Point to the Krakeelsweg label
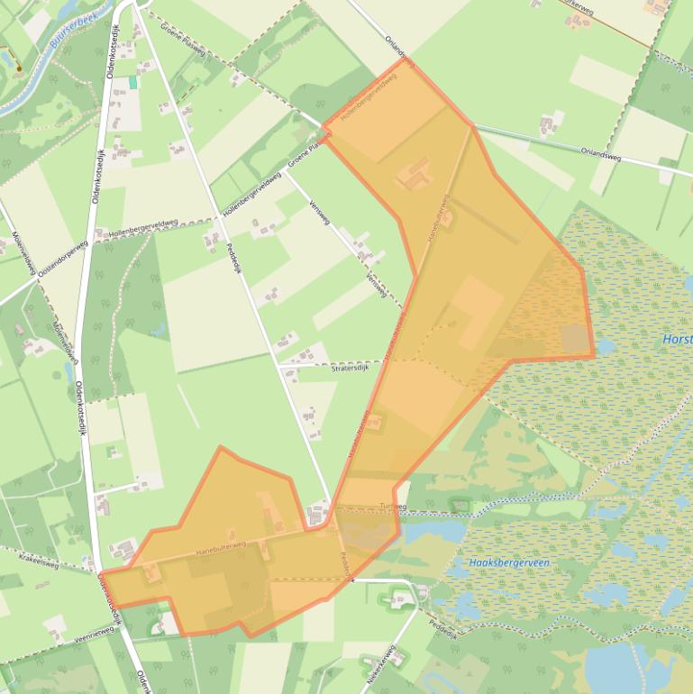point(38,564)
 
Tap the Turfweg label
point(393,507)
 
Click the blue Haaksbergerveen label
point(509,563)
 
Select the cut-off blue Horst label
point(677,340)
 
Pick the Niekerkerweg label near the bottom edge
point(381,666)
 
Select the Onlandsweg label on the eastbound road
point(602,153)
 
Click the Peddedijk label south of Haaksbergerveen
point(444,626)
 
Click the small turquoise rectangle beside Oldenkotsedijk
point(133,82)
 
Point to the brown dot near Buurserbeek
point(17,67)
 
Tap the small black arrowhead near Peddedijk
point(353,580)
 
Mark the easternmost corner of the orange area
point(594,356)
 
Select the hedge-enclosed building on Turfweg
point(460,505)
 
